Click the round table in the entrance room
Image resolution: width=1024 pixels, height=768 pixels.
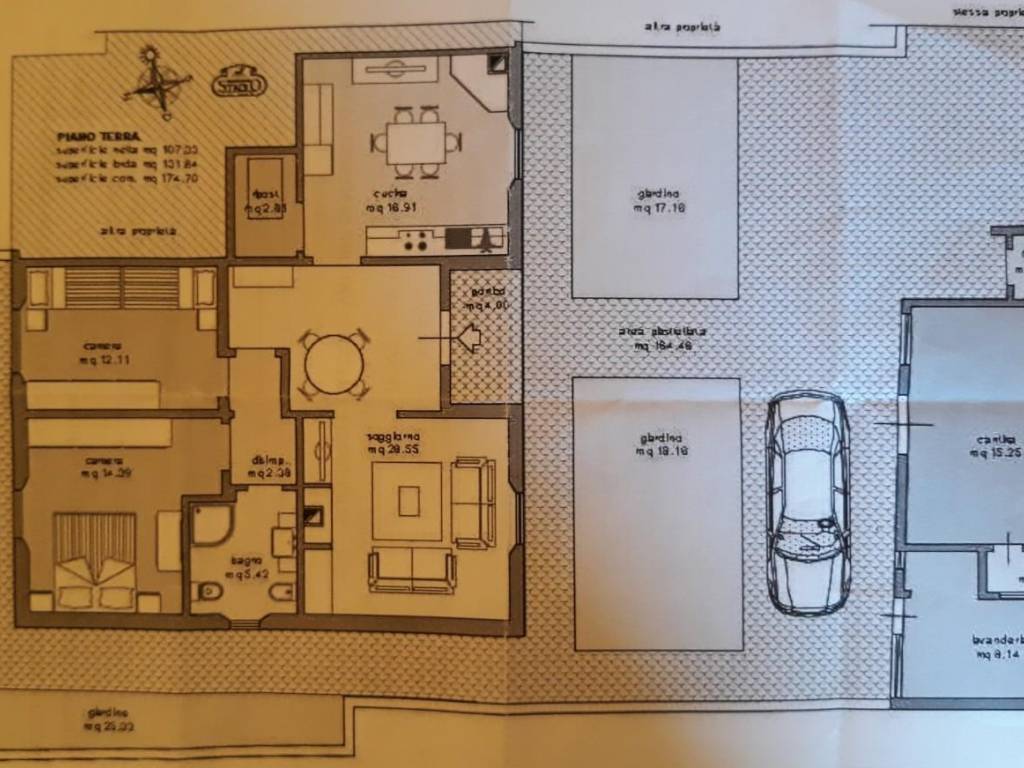click(x=334, y=365)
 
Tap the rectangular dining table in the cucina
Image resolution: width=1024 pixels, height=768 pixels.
click(x=417, y=143)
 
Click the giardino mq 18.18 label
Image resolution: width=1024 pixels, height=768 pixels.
click(x=658, y=444)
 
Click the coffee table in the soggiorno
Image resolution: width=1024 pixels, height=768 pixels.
click(x=408, y=500)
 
